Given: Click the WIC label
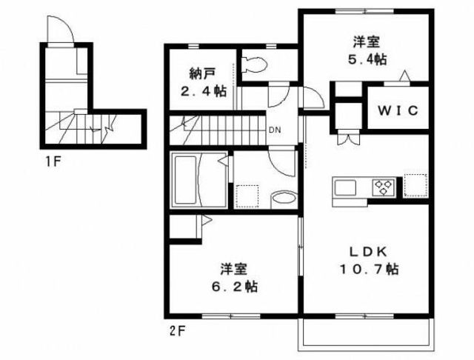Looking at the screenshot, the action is point(398,110).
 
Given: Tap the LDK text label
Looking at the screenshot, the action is point(369,252).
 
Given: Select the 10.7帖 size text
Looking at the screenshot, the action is point(369,269).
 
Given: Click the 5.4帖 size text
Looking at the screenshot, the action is point(367,59).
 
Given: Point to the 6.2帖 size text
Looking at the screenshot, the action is point(234,286).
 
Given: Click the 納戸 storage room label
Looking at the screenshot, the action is point(202,73).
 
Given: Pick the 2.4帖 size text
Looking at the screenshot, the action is point(203,91).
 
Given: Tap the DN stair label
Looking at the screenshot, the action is point(275,130).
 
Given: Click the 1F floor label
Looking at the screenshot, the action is point(53,162).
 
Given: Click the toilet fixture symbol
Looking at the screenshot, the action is point(255,64).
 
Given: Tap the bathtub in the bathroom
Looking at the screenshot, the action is point(185,180).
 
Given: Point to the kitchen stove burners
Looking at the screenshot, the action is point(384,187).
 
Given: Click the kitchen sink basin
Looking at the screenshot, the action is point(345,188).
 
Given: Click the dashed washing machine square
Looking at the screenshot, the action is point(247,196).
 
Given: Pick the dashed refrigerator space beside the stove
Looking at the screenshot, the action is point(415,185).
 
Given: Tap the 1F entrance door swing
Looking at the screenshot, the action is point(61,30).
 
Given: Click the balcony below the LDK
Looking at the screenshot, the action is point(366,334).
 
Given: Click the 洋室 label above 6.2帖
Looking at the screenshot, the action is point(234,269).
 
